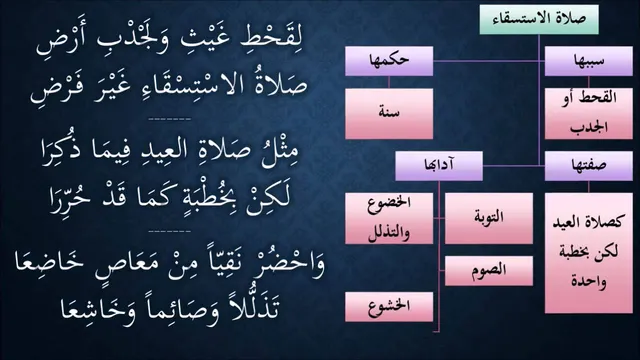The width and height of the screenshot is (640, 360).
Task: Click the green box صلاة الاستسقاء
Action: tap(539, 20)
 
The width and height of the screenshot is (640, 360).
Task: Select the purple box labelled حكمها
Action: tap(389, 61)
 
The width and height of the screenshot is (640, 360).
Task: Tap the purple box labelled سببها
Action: tap(589, 61)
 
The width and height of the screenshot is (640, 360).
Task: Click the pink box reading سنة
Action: tap(389, 114)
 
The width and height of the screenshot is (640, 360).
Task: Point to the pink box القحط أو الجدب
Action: tap(589, 114)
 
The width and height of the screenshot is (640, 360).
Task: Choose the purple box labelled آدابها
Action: tap(439, 166)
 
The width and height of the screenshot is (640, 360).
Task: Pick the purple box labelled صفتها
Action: tap(589, 166)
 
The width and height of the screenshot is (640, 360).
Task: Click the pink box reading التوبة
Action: tap(489, 218)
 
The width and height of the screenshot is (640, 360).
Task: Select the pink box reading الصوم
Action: tap(489, 271)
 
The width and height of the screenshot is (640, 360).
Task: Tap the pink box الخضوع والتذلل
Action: tap(389, 218)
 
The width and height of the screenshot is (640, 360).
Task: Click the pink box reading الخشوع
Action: tap(389, 307)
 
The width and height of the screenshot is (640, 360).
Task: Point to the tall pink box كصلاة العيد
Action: tap(589, 253)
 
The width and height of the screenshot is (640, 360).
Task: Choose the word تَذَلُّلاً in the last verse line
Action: tap(252, 305)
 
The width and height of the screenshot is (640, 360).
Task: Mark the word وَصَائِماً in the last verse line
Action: tap(176, 307)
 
